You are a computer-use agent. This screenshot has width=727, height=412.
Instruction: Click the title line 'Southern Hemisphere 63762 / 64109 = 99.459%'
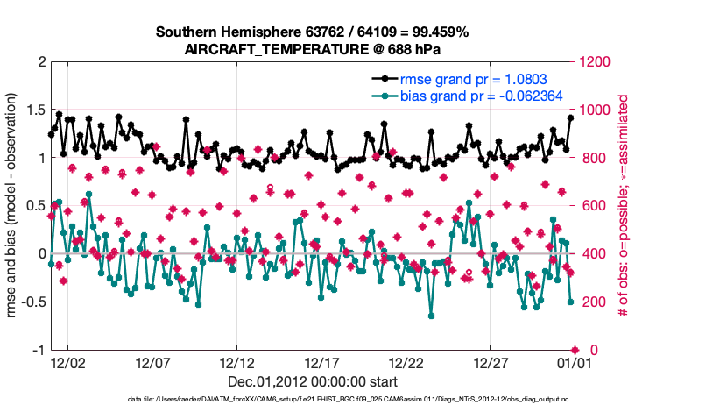(313, 32)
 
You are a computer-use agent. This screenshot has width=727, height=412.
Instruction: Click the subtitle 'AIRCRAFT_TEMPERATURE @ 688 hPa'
(313, 49)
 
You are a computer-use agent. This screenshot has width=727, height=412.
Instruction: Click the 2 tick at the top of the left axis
(40, 62)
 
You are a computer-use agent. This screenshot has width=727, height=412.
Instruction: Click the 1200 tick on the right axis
(596, 62)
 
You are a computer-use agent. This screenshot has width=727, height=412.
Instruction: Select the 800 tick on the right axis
(592, 158)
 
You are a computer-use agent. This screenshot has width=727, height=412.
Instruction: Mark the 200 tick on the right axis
(592, 302)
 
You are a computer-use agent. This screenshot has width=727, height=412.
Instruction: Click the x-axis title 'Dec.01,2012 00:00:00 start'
(313, 381)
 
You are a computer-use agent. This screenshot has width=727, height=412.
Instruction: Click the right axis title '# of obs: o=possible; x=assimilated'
(624, 205)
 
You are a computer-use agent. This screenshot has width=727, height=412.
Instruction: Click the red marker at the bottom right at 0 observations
(575, 350)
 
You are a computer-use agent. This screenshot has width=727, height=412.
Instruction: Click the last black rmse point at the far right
(570, 117)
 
